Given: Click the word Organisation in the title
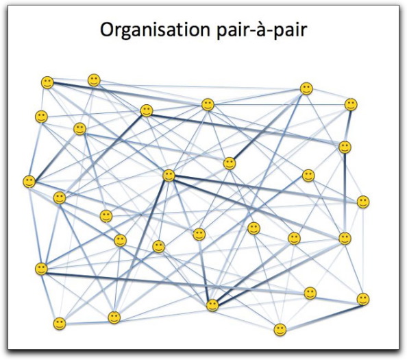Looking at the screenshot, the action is coord(155,30).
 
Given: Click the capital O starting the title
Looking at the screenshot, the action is coord(108,29).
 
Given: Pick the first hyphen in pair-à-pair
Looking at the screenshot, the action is coord(251,32).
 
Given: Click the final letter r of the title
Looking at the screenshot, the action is coord(304,31).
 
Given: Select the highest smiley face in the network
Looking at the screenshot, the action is coord(94,80).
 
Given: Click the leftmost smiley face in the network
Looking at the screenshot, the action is coord(29,181).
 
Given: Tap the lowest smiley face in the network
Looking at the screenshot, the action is coord(280,330).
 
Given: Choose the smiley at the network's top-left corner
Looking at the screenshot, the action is coord(47,82).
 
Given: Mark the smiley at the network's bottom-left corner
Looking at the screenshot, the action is coord(60,324).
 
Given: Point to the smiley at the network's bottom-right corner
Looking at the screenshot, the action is coord(363,299).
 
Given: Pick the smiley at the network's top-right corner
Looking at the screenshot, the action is coord(351,105).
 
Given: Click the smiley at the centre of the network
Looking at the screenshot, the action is coord(169,176).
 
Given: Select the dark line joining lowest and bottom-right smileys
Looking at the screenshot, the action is coord(321,317).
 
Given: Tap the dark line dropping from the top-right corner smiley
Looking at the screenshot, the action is coord(348,126).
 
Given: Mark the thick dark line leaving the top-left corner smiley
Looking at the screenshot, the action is coord(127,94).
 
